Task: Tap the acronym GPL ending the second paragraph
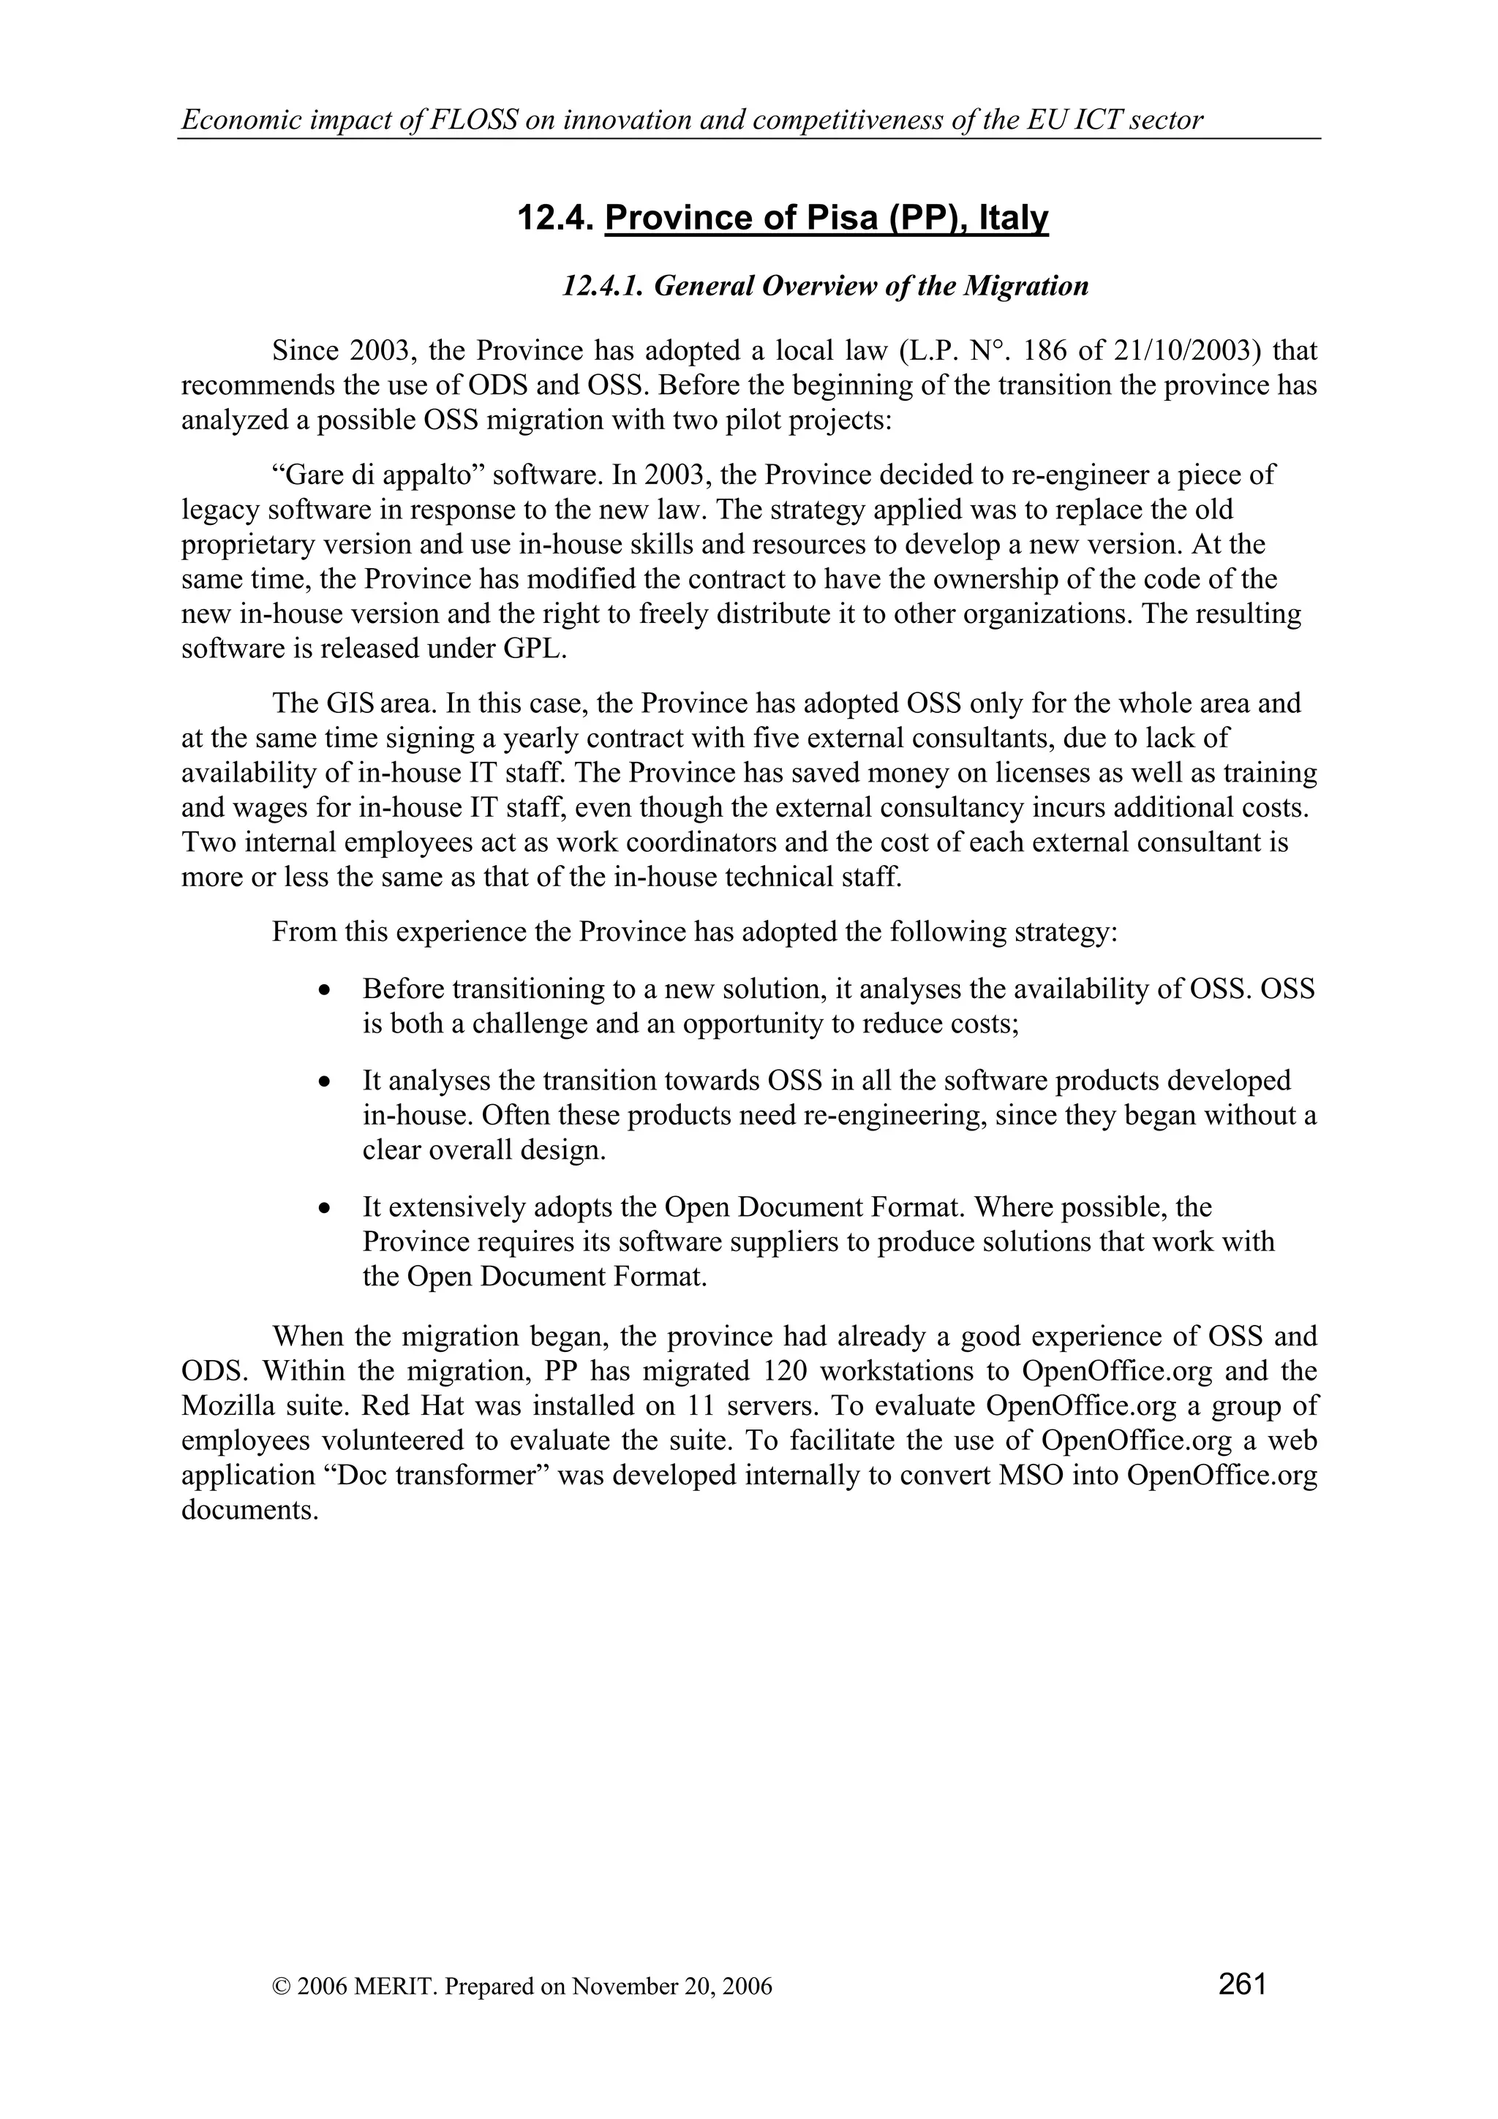click(x=535, y=649)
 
